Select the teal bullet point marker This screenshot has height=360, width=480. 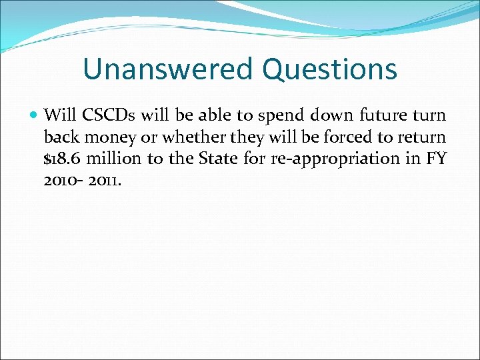click(x=34, y=115)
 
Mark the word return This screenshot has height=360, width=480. click(x=419, y=137)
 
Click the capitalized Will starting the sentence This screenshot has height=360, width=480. click(x=58, y=115)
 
